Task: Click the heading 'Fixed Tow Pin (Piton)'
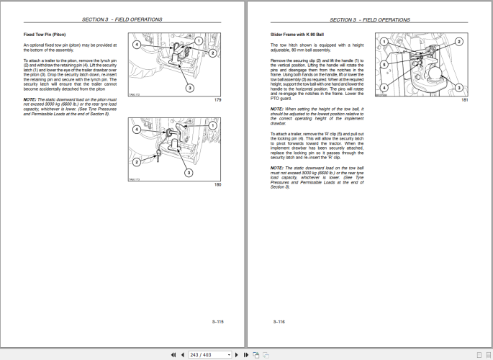pyautogui.click(x=44, y=34)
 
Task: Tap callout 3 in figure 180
pyautogui.click(x=189, y=173)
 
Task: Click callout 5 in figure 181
pyautogui.click(x=385, y=64)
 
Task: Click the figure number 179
pyautogui.click(x=218, y=99)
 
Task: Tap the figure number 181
pyautogui.click(x=464, y=99)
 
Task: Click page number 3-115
pyautogui.click(x=218, y=322)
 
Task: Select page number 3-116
pyautogui.click(x=279, y=322)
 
